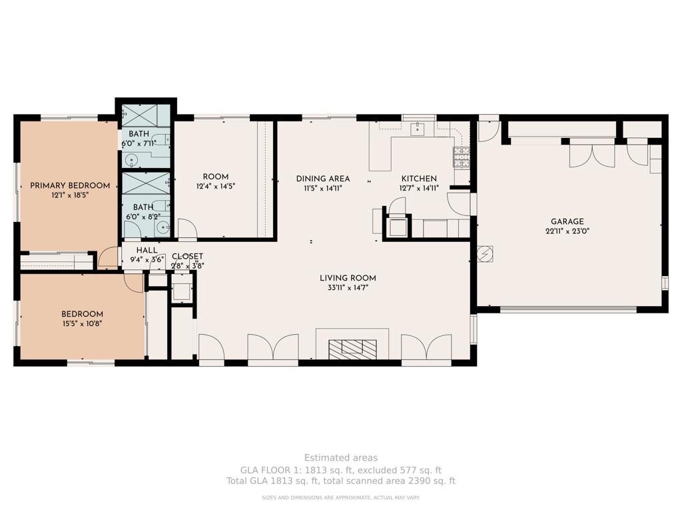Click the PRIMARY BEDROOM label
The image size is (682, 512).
(x=70, y=186)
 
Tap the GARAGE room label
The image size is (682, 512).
(x=567, y=221)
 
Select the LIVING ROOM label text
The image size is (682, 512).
(x=348, y=278)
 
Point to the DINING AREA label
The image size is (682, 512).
(x=323, y=179)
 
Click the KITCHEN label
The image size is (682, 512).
(x=419, y=179)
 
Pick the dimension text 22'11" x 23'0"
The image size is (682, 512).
(x=567, y=231)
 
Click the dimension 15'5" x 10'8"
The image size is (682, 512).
(x=82, y=323)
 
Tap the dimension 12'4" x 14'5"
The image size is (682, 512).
(x=216, y=187)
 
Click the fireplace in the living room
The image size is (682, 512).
(x=352, y=347)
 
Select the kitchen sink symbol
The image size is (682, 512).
(x=418, y=129)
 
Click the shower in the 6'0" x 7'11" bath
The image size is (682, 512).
(x=146, y=115)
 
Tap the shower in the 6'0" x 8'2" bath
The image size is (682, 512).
(x=146, y=183)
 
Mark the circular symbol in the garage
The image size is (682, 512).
(x=485, y=254)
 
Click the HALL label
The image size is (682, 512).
(x=147, y=251)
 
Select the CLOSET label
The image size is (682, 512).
(x=187, y=257)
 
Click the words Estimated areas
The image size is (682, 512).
(x=341, y=457)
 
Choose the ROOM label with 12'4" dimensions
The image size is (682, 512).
(x=216, y=177)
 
